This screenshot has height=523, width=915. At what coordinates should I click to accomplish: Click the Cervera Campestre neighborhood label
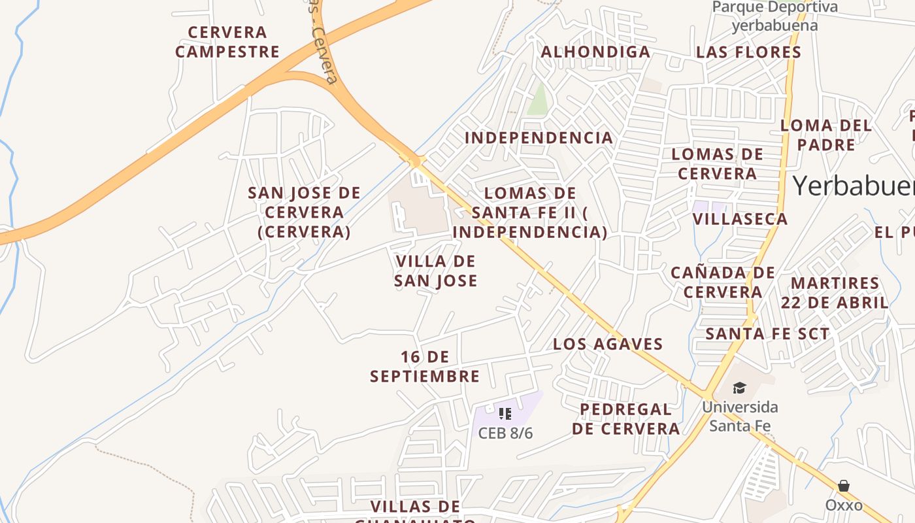(x=227, y=42)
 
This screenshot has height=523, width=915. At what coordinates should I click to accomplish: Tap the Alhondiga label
(x=596, y=52)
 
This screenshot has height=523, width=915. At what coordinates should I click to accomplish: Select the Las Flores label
(x=748, y=52)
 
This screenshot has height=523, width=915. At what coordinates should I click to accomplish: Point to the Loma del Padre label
(x=826, y=135)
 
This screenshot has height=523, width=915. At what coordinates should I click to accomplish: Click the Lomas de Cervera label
(x=717, y=163)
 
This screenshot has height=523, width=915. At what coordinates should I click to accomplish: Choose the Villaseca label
(x=740, y=218)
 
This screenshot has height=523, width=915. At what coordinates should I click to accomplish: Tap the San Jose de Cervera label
(x=304, y=212)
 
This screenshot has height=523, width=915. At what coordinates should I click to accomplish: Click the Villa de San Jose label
(x=436, y=271)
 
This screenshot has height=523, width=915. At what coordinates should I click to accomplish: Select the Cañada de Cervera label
(x=723, y=282)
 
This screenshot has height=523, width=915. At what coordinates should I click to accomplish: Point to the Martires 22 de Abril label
(x=835, y=293)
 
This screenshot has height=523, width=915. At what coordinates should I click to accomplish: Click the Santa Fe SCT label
(x=767, y=333)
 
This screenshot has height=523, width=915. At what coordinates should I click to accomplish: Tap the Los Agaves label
(x=608, y=344)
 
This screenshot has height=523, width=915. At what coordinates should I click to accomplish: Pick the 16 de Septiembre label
(x=425, y=366)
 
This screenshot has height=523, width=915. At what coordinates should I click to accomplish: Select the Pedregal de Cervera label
(x=625, y=418)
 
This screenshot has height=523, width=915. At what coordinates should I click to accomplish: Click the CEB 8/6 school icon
(x=505, y=413)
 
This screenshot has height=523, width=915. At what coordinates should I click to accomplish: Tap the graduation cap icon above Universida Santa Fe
(x=739, y=388)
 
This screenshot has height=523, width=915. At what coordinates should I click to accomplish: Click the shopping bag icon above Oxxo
(x=844, y=486)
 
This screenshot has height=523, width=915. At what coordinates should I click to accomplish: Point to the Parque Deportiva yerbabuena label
(x=774, y=16)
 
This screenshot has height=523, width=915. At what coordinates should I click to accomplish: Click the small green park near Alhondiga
(x=537, y=99)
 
